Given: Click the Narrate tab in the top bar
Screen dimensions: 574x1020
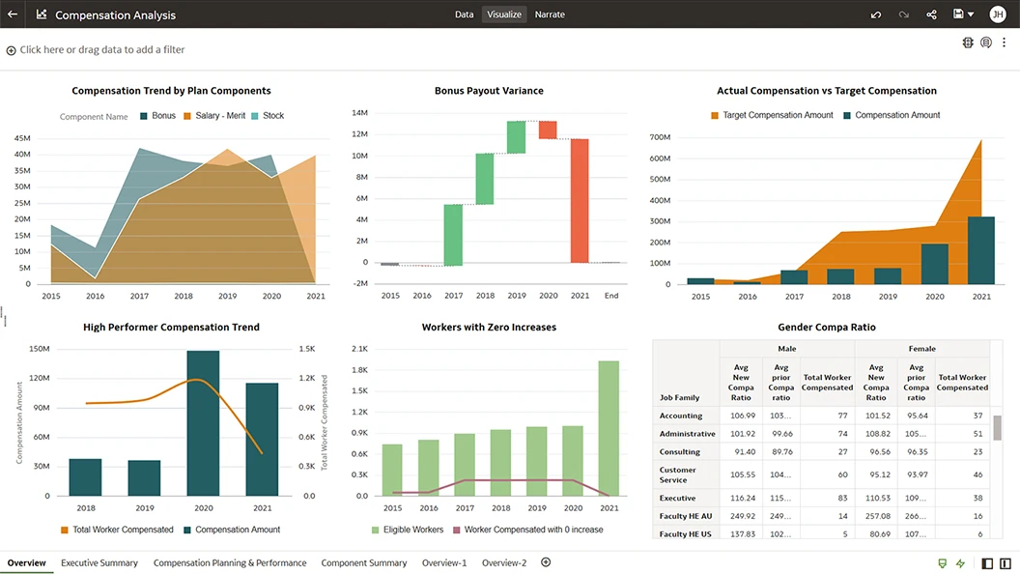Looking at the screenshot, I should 550,14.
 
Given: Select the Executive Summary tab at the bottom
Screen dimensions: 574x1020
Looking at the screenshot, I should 99,562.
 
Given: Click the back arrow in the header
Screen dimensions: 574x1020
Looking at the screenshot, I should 13,14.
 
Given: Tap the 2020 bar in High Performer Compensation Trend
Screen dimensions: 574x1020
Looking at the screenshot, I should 203,423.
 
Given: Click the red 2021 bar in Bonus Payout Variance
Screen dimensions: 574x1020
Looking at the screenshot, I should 580,200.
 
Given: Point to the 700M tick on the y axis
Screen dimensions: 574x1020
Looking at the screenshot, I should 661,137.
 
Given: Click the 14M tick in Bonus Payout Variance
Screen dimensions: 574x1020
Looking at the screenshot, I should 359,113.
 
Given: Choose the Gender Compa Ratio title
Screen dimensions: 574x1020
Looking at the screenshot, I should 826,328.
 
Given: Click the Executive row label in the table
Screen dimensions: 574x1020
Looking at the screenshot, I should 677,498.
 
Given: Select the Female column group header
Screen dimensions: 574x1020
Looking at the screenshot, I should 921,349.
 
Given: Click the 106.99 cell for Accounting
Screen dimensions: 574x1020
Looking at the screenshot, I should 741,416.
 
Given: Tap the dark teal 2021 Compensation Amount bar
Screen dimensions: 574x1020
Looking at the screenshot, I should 980,250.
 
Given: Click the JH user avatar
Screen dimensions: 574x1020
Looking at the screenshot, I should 998,14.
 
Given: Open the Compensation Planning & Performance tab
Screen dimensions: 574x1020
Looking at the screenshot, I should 230,562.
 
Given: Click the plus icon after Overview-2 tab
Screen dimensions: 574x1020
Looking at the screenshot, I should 546,562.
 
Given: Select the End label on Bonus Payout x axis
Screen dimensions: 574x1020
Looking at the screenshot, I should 611,296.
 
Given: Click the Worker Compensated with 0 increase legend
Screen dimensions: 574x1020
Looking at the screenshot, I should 533,530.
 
